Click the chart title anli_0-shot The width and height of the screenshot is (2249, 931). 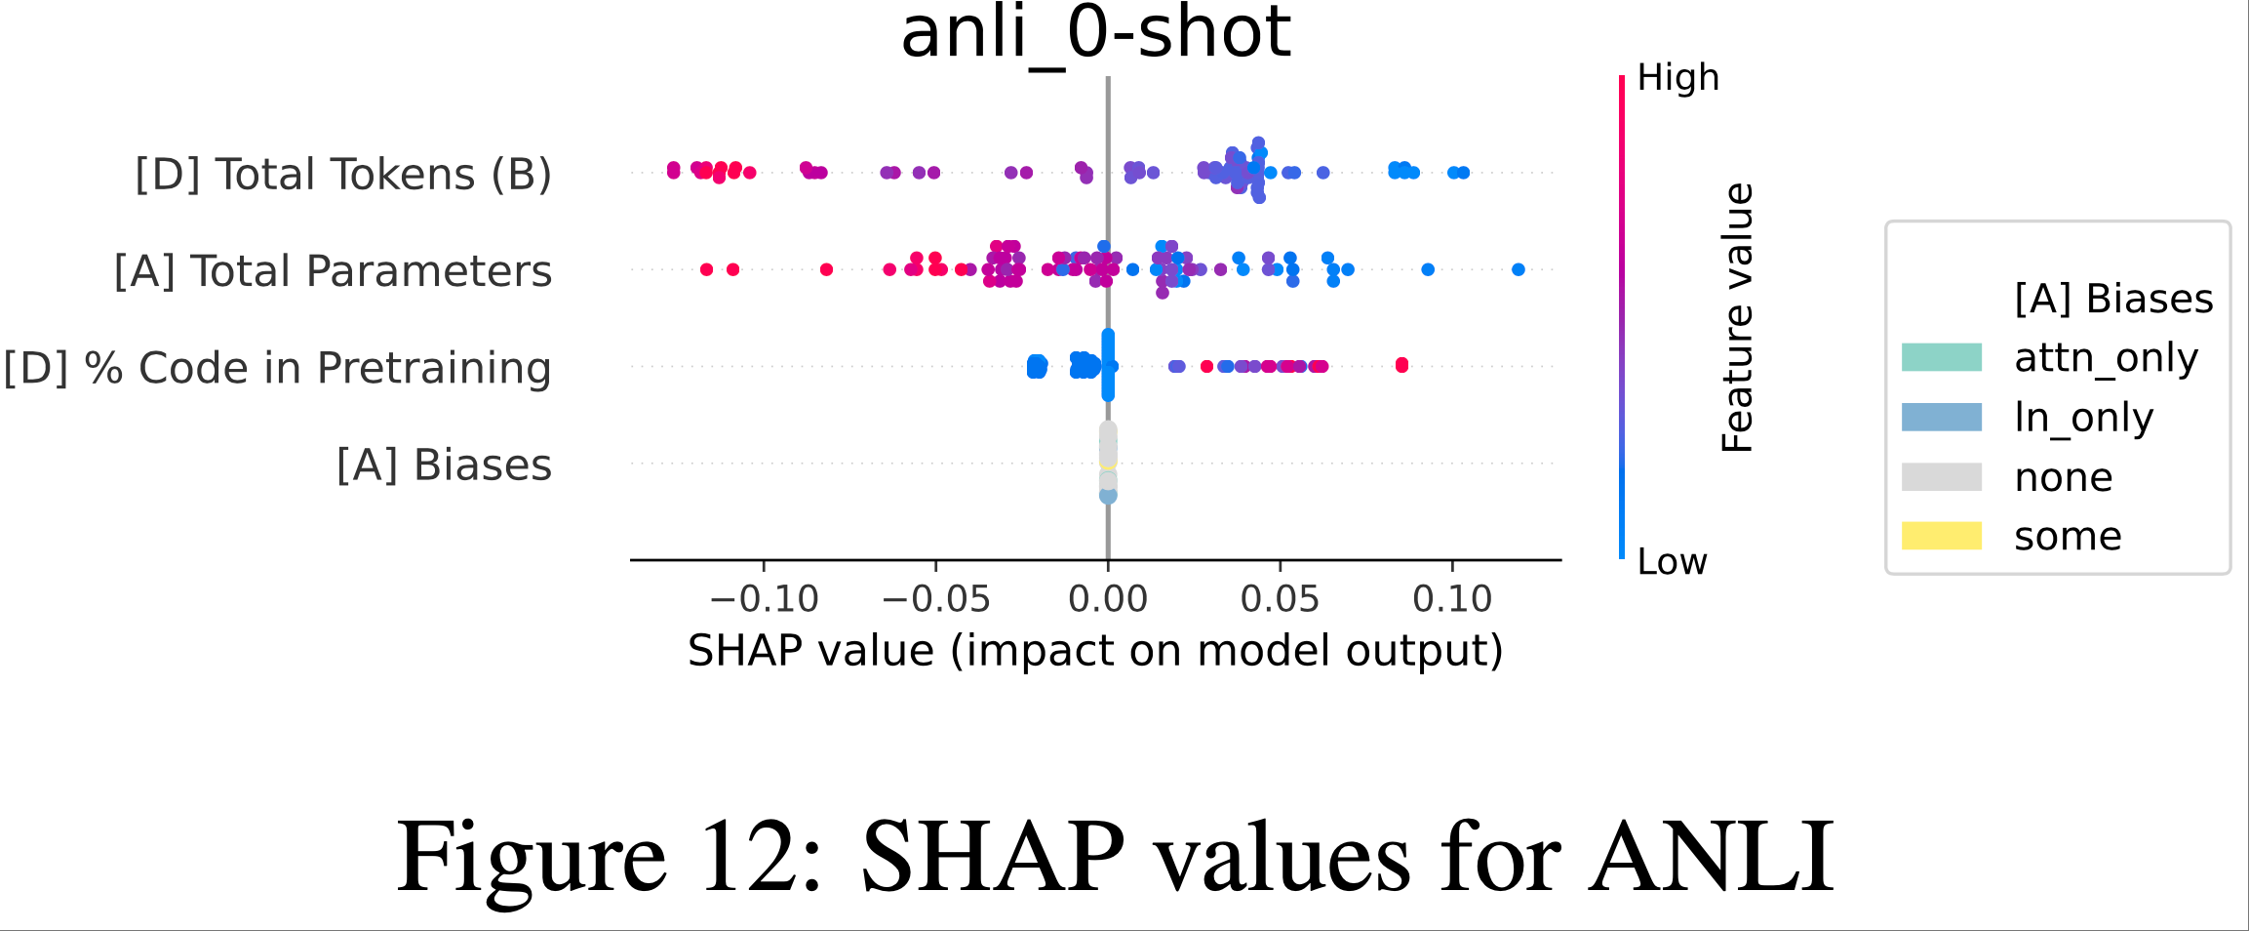[1095, 33]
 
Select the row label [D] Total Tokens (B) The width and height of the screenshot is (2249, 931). [343, 175]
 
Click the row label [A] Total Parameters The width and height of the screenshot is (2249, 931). [333, 271]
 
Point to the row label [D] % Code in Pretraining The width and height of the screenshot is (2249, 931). [277, 368]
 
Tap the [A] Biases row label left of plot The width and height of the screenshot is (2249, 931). [444, 465]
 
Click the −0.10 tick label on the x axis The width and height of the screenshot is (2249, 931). [764, 598]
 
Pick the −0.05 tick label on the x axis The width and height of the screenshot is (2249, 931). [935, 598]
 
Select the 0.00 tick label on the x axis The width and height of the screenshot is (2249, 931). [1108, 598]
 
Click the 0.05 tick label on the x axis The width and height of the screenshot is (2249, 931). [1280, 598]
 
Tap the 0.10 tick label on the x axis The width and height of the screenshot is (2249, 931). [1452, 598]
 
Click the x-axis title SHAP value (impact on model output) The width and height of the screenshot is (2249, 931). [1095, 651]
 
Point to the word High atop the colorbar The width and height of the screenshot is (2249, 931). [1677, 78]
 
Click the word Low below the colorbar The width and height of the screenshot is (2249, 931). [1672, 562]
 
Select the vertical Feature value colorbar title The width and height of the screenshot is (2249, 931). [1737, 317]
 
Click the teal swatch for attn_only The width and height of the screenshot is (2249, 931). [1941, 357]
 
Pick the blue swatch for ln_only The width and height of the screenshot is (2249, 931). [1941, 417]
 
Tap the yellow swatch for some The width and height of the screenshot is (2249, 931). [1941, 536]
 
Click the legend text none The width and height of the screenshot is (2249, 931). [2063, 477]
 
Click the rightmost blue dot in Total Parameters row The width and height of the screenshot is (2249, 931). [1518, 269]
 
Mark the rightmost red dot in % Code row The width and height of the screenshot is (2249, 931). [1401, 365]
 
